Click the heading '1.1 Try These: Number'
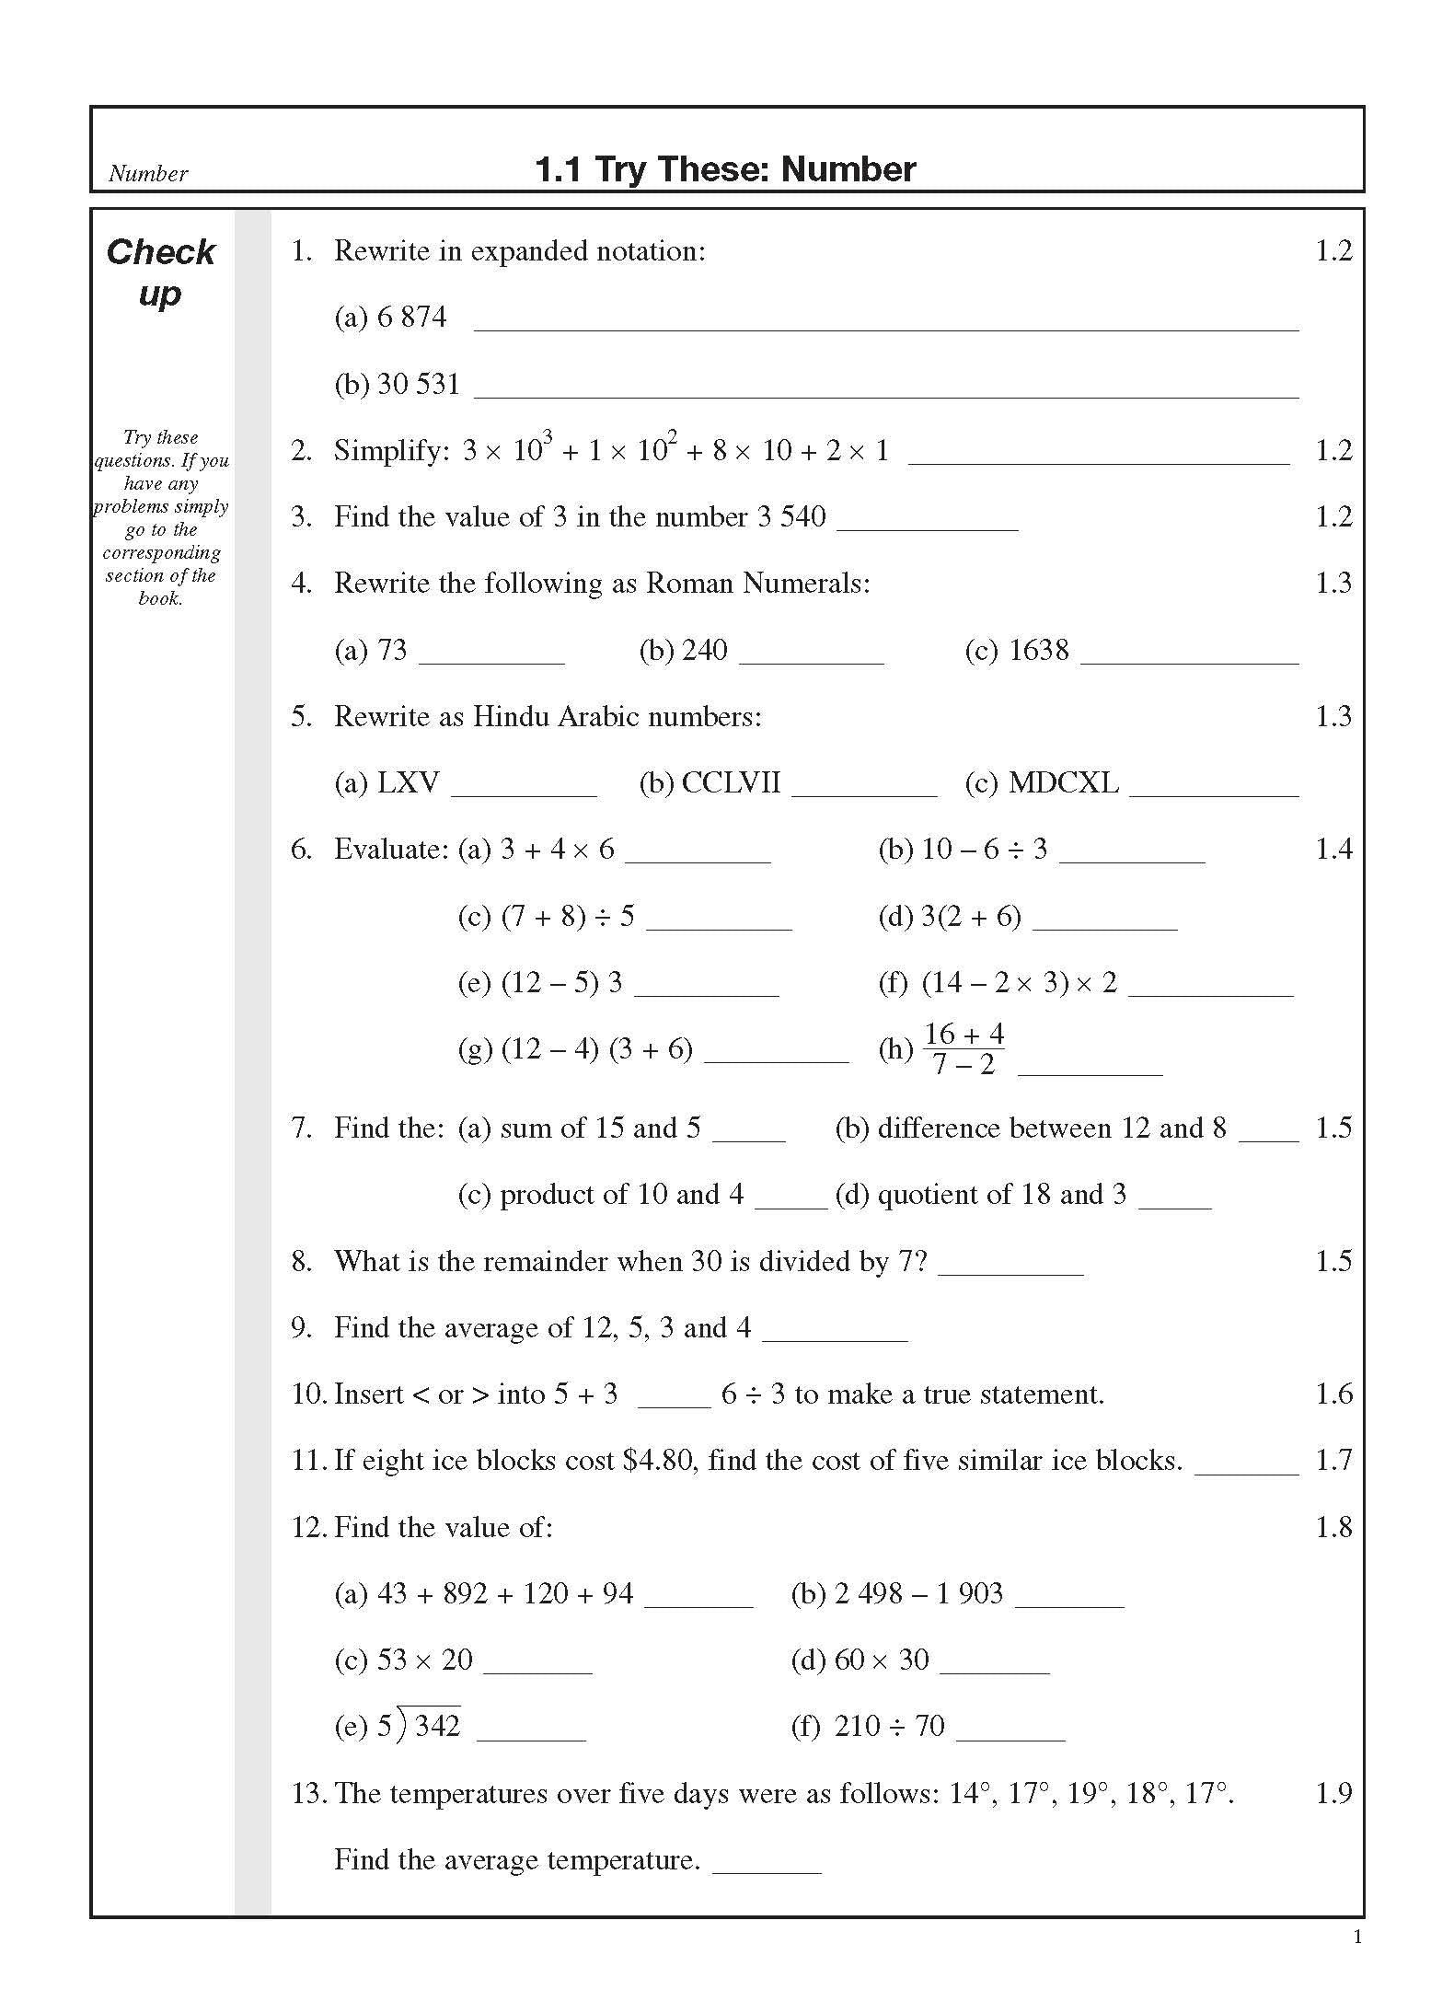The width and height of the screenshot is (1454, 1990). [725, 169]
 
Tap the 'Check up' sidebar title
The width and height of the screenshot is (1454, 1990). [160, 272]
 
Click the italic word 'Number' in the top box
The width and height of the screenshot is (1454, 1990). [147, 173]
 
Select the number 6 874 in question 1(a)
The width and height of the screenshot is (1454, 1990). [411, 317]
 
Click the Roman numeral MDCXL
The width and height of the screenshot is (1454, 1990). [1063, 782]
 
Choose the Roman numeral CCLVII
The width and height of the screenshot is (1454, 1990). [731, 782]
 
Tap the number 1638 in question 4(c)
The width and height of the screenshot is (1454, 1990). [1039, 650]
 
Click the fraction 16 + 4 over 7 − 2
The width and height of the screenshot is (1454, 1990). [964, 1048]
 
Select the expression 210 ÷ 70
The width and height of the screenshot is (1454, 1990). [889, 1725]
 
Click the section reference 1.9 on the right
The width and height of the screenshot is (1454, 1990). [1333, 1792]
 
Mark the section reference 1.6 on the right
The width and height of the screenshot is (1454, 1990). [1333, 1394]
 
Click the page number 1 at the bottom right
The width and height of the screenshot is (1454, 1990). [1357, 1938]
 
